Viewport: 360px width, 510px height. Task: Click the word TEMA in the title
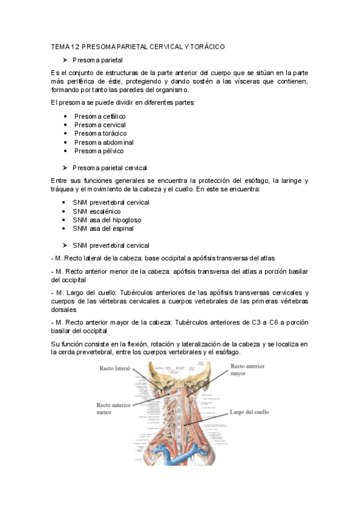coord(61,46)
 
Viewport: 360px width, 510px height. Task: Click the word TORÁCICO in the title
coord(206,46)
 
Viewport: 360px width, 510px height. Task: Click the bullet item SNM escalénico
coord(96,211)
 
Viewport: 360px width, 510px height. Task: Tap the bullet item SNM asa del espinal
coord(103,229)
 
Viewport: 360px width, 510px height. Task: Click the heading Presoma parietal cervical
coord(109,168)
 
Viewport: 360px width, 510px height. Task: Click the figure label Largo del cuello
coord(249,413)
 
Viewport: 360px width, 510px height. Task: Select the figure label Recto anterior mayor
coord(245,369)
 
